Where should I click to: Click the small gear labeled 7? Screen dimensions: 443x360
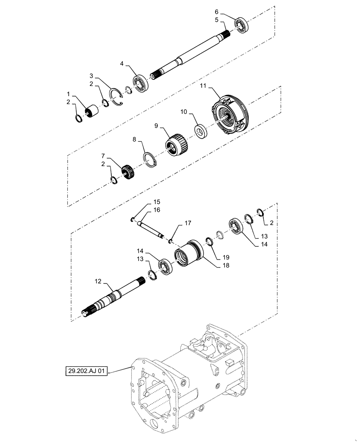[x=128, y=171]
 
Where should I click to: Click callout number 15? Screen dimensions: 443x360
[x=145, y=202]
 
